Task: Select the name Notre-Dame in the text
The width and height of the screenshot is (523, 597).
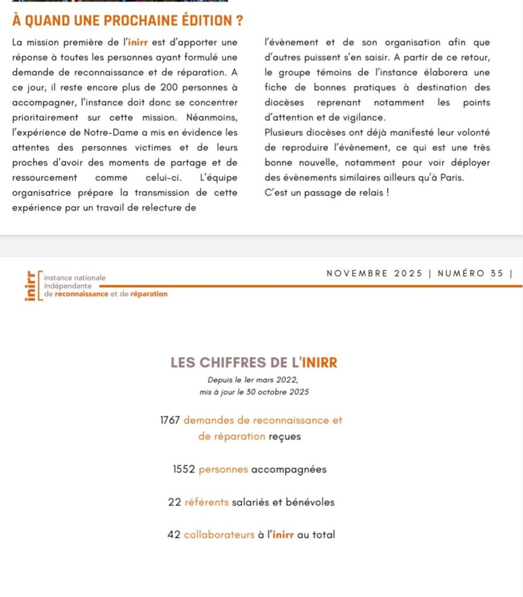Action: pyautogui.click(x=116, y=132)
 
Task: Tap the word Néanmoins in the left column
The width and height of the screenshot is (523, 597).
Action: pyautogui.click(x=213, y=117)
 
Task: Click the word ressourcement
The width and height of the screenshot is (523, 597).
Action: pyautogui.click(x=44, y=177)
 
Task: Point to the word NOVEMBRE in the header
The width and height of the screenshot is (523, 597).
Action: pyautogui.click(x=357, y=273)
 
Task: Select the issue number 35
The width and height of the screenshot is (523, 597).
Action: pyautogui.click(x=497, y=273)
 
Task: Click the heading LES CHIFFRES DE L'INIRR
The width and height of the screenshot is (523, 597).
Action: pyautogui.click(x=254, y=362)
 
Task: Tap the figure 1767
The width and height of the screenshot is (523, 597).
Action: pyautogui.click(x=170, y=420)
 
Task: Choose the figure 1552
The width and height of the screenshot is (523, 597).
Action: pyautogui.click(x=184, y=469)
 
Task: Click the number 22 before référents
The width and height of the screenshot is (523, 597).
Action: pyautogui.click(x=174, y=502)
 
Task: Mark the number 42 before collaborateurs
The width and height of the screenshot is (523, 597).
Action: pyautogui.click(x=173, y=535)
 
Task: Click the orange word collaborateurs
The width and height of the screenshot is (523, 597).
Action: pyautogui.click(x=219, y=535)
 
